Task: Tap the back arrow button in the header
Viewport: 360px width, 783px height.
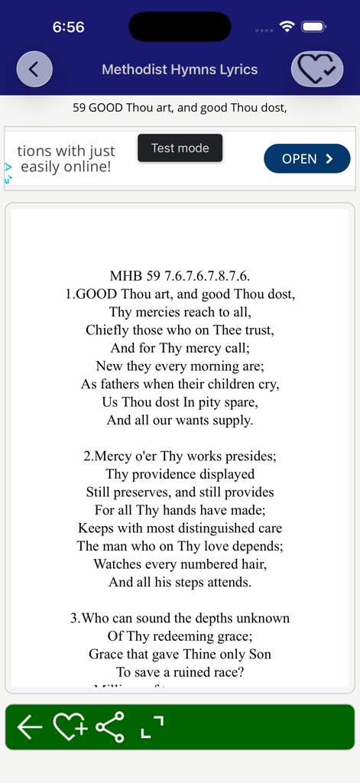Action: (x=34, y=69)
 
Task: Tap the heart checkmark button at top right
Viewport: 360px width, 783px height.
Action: (x=316, y=70)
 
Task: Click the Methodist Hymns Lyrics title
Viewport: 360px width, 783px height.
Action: (x=180, y=70)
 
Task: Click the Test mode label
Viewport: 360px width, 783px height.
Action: (x=180, y=148)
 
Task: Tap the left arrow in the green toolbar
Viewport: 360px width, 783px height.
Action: (x=29, y=727)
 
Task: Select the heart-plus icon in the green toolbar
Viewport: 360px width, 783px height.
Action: (x=70, y=727)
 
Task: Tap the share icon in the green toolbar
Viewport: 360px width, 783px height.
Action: (x=110, y=727)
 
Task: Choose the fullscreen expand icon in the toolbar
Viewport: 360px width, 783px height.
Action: (x=152, y=727)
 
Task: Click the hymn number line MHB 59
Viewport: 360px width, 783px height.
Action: (x=180, y=276)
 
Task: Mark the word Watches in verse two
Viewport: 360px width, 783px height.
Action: (x=118, y=564)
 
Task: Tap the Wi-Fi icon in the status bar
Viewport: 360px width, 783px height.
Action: (x=287, y=27)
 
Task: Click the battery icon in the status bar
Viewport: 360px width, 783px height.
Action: (x=314, y=27)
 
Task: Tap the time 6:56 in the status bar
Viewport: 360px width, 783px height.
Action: (x=68, y=27)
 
